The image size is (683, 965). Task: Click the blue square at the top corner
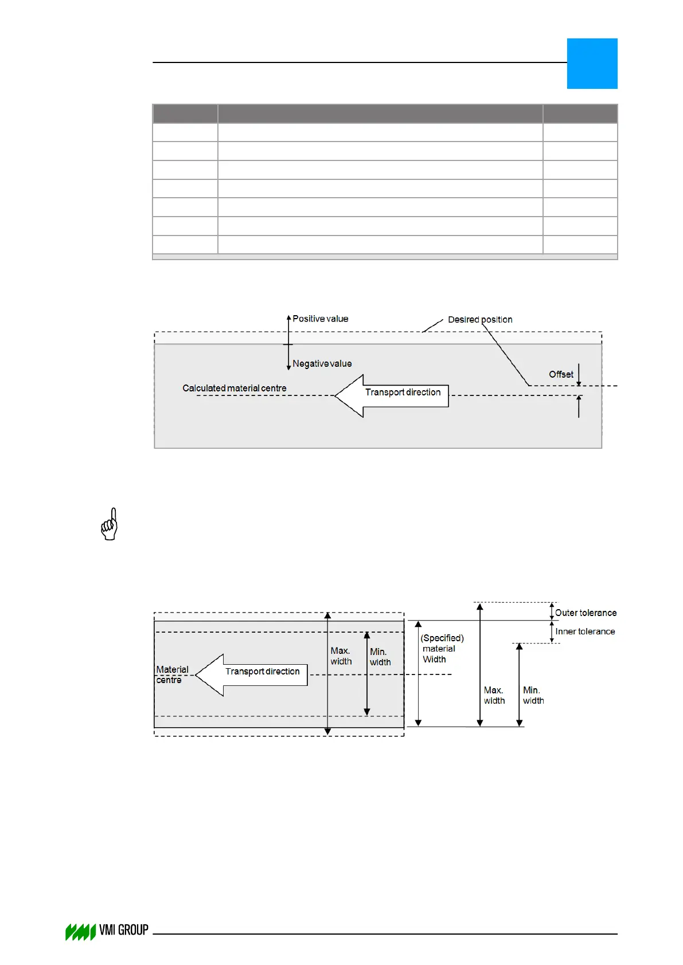point(592,64)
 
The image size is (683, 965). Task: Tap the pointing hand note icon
point(110,524)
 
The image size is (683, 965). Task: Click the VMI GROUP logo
point(107,931)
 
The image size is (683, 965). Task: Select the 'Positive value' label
point(320,319)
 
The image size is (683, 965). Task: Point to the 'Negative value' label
point(322,363)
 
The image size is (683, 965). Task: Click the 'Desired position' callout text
point(480,319)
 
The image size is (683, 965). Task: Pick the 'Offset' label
point(561,374)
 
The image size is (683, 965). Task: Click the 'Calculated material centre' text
point(234,388)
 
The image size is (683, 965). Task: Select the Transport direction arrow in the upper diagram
point(391,395)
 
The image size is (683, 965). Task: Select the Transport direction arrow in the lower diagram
point(252,674)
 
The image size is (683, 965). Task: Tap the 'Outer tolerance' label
point(586,613)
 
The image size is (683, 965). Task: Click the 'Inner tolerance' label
point(585,631)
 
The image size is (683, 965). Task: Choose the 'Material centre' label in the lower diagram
point(171,674)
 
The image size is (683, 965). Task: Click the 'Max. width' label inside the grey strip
point(341,656)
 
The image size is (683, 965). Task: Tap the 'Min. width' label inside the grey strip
point(380,657)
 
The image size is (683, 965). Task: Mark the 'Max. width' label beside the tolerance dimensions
point(494,695)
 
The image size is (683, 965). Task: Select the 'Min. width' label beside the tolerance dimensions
point(533,695)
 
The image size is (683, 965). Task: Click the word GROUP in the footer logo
point(133,929)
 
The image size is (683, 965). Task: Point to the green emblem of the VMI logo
point(80,932)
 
